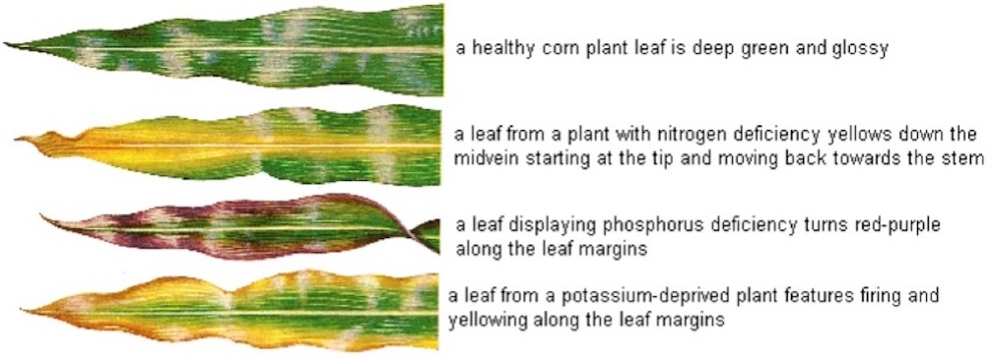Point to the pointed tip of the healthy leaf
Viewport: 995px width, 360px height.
[5, 44]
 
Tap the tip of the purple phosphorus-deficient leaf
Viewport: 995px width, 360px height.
[42, 216]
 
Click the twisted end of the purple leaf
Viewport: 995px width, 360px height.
[425, 236]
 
